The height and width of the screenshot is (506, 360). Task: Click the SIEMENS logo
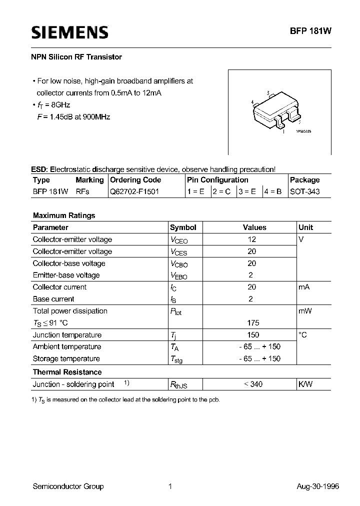70,32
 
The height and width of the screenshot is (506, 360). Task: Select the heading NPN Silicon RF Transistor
77,57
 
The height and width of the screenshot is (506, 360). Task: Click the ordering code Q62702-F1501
134,191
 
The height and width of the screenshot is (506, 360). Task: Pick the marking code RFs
82,191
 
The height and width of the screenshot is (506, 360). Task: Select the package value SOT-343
304,191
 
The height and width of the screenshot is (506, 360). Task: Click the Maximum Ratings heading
64,215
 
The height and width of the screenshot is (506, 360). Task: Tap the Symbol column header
183,227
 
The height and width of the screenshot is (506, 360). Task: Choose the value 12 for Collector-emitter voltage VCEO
251,239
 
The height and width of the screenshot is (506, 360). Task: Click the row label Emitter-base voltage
66,275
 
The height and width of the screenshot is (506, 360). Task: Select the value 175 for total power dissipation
253,322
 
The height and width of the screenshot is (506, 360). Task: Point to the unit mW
305,311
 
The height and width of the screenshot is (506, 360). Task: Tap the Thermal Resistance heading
67,372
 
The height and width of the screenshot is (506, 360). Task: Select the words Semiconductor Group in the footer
68,486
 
